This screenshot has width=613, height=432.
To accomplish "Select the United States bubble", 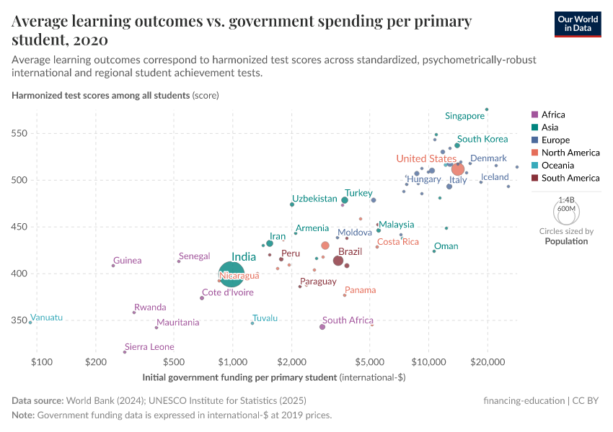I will click(457, 169).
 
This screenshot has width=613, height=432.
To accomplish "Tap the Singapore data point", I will click(487, 109).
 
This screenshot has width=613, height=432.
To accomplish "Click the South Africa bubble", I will click(322, 327).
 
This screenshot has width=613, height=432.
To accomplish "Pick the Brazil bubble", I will click(338, 261).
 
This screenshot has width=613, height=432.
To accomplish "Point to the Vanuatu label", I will click(48, 318).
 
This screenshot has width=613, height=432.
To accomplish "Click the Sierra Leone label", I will click(149, 347).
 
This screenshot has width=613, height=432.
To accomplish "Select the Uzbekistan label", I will click(314, 199).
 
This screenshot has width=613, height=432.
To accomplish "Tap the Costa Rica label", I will click(398, 242).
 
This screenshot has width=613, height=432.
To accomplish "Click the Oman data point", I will click(434, 251).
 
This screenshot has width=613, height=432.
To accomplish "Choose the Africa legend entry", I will click(553, 114).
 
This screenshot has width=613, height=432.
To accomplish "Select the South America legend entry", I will click(570, 178).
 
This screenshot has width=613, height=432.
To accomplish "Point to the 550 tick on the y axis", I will click(19, 133).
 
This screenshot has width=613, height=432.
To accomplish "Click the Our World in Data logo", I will click(578, 24).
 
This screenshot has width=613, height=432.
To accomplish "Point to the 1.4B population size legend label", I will click(567, 201).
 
